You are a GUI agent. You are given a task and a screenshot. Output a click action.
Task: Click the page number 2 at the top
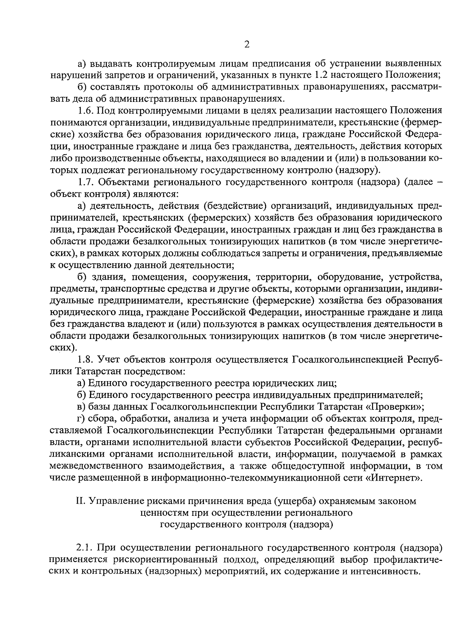[246, 44]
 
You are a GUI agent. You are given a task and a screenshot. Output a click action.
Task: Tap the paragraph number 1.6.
[85, 111]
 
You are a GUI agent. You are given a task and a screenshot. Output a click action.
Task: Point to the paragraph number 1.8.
[85, 359]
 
